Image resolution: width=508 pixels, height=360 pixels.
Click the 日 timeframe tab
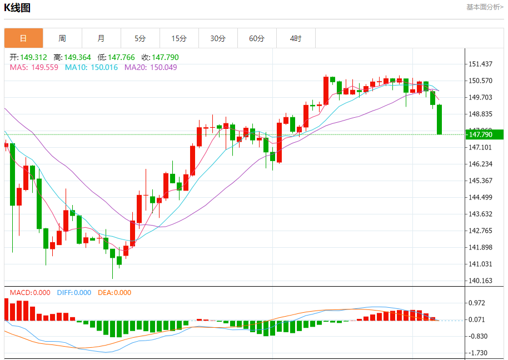23,38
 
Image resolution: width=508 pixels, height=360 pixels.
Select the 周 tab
62,38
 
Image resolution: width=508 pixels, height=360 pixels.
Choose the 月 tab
101,38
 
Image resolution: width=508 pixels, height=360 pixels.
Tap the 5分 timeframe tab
140,38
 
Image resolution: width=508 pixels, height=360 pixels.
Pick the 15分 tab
179,38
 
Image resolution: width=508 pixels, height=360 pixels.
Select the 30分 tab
218,38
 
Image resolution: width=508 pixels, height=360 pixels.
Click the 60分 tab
257,38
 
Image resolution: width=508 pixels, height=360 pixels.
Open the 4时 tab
296,38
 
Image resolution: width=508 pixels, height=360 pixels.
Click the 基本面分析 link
485,7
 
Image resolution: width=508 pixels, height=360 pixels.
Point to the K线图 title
17,8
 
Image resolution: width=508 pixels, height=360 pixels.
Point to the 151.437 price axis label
481,64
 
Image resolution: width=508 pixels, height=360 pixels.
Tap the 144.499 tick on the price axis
481,197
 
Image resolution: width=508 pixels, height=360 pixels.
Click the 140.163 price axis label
481,281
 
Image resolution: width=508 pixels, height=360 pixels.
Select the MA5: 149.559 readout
34,67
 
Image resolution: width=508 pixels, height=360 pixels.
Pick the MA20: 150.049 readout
151,67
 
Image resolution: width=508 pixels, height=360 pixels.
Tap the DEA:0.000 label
114,293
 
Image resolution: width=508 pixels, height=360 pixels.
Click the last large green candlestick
440,119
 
